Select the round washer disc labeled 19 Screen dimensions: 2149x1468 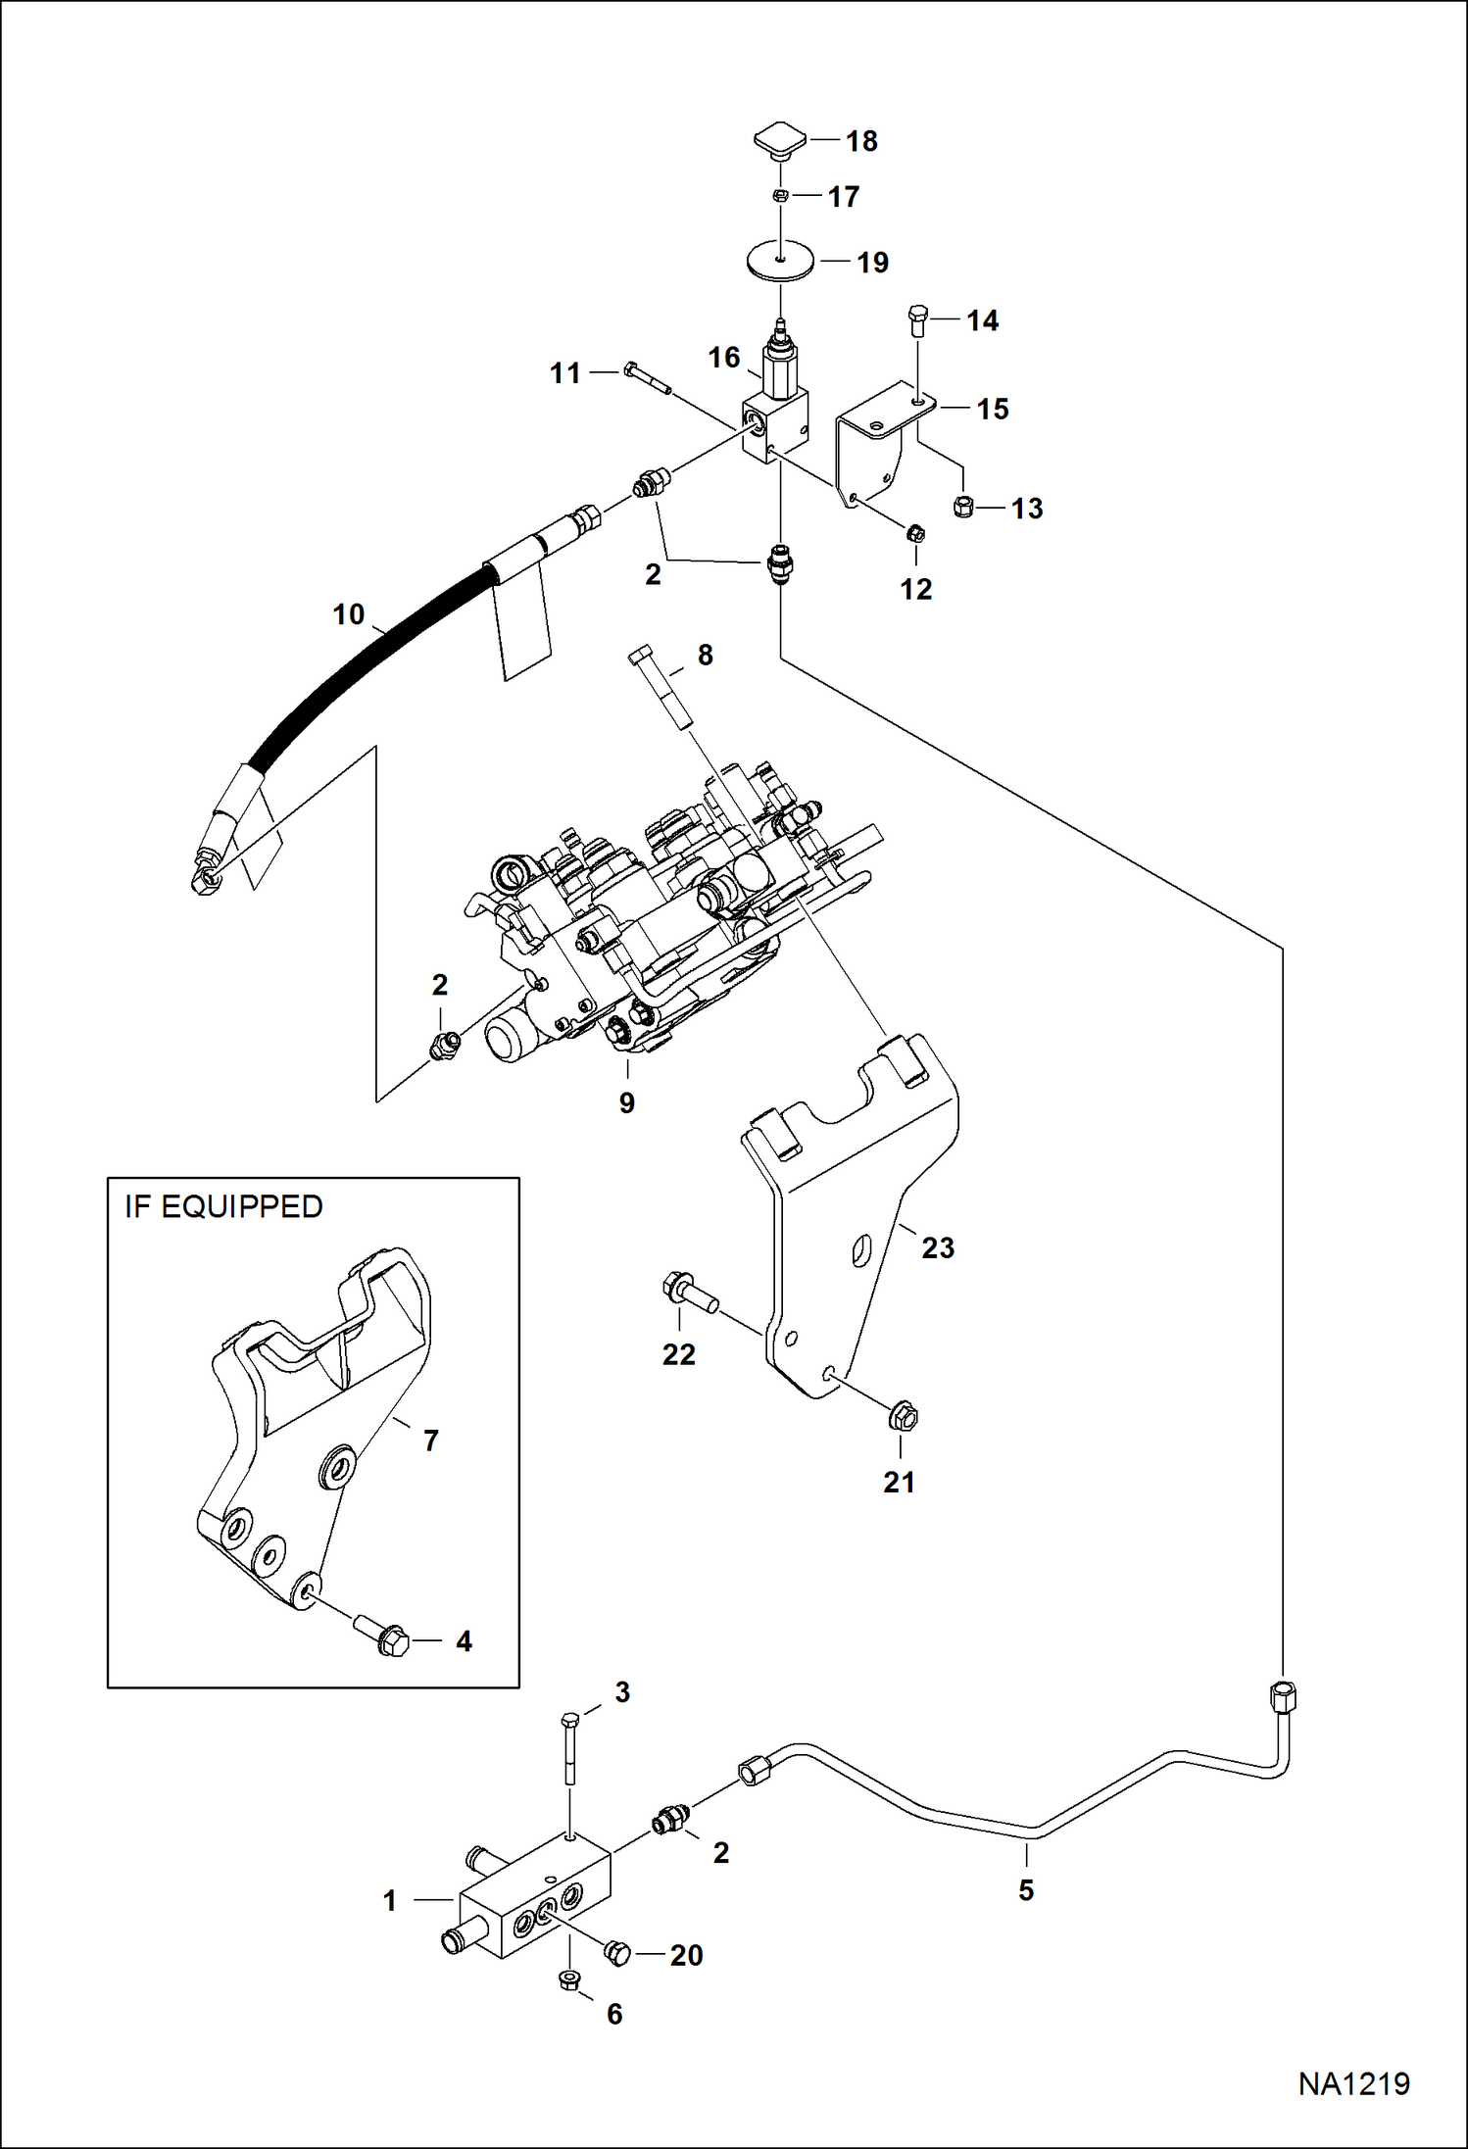[x=778, y=262]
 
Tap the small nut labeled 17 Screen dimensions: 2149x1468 [x=779, y=196]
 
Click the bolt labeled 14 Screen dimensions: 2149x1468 [x=917, y=320]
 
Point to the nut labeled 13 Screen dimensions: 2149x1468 [x=963, y=507]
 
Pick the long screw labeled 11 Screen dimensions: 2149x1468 [x=646, y=380]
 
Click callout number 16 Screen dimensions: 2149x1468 [x=724, y=358]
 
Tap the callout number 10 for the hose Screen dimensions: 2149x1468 [x=348, y=614]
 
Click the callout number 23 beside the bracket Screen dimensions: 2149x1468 [x=938, y=1247]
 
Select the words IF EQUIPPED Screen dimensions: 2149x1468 [x=223, y=1206]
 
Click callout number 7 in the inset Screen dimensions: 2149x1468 [x=430, y=1441]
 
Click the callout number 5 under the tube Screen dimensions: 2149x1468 [x=1026, y=1890]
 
